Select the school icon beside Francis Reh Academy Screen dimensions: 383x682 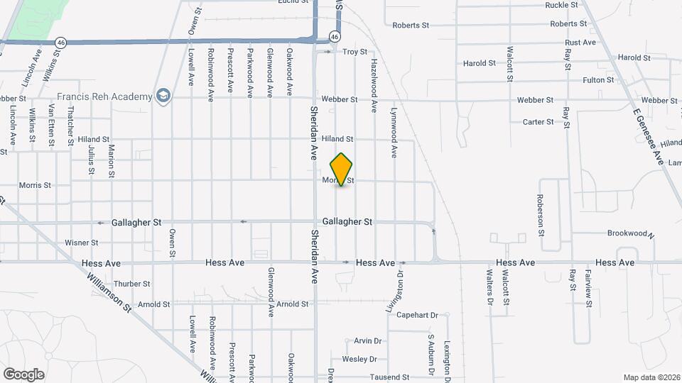coord(164,96)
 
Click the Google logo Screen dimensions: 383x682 coord(23,374)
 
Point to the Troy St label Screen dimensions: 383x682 coord(354,52)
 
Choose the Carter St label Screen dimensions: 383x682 coord(538,122)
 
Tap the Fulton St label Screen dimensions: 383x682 coord(598,80)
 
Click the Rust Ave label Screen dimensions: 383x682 coord(580,43)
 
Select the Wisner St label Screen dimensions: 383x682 coord(81,243)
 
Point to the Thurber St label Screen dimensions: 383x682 coord(132,284)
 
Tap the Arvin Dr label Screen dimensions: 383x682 coord(368,341)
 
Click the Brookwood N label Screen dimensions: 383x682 coord(629,233)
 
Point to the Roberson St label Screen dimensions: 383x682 coord(541,215)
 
